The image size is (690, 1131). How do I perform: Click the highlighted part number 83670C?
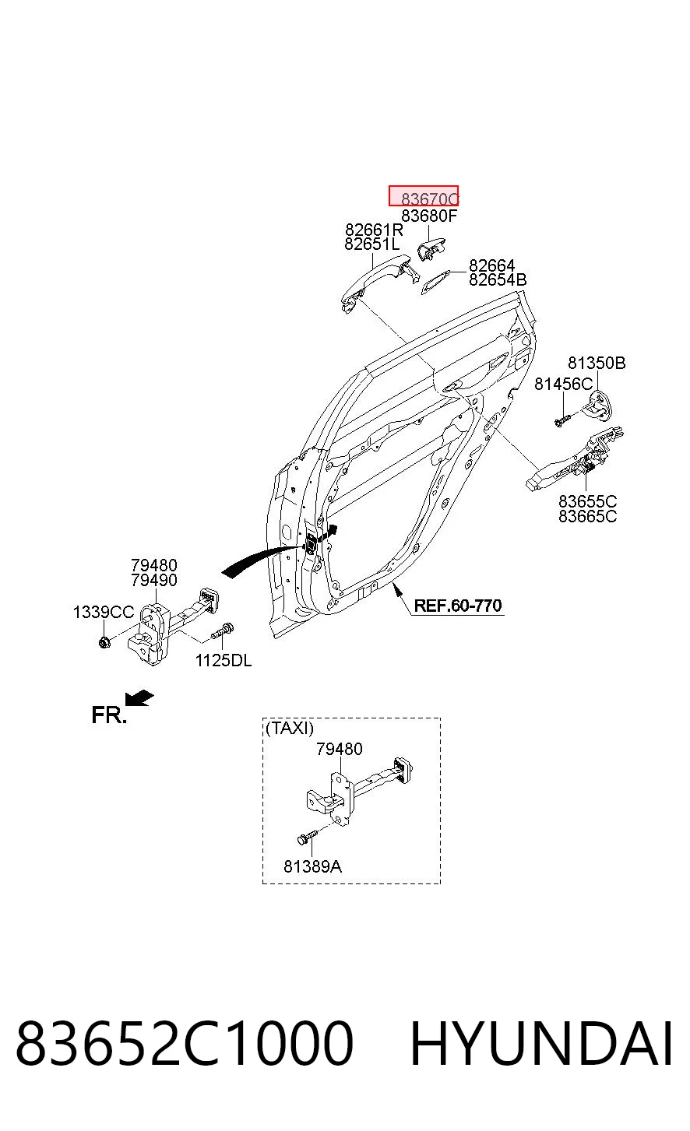click(x=429, y=198)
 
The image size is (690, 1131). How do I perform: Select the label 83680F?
click(x=429, y=216)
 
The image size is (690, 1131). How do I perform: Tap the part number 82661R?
click(x=375, y=230)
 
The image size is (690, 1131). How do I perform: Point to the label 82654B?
click(x=498, y=279)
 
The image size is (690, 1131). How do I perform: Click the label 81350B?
click(x=597, y=363)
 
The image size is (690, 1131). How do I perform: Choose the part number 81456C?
click(x=563, y=385)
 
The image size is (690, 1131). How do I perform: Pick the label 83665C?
click(x=587, y=517)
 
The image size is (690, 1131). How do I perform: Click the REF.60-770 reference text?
click(x=458, y=606)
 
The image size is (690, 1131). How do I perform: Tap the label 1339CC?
click(x=104, y=613)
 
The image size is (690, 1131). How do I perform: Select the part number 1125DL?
click(x=224, y=660)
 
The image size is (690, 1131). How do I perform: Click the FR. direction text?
click(x=109, y=715)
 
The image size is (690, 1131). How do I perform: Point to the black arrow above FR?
click(x=139, y=697)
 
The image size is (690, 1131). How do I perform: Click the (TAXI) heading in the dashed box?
click(x=290, y=728)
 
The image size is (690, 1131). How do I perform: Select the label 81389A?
click(x=312, y=866)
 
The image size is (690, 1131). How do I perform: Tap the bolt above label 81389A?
click(x=307, y=837)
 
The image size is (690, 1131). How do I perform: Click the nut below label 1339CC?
click(x=104, y=643)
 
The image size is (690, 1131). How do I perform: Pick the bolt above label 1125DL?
click(x=223, y=630)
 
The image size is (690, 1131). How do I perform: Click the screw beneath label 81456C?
click(x=562, y=420)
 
